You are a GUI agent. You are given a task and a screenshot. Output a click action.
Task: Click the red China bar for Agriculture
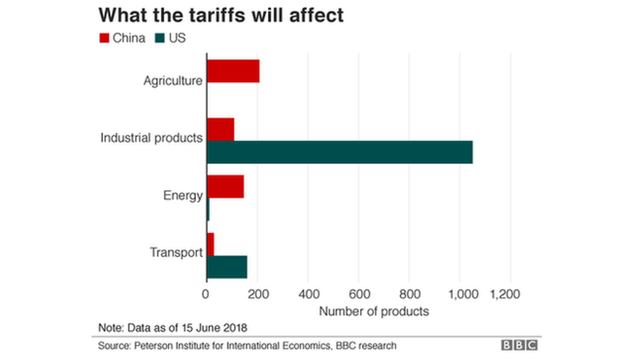[x=233, y=71]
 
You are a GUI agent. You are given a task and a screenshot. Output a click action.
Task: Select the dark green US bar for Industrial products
[x=339, y=152]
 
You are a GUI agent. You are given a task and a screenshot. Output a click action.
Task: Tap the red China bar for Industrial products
[x=220, y=129]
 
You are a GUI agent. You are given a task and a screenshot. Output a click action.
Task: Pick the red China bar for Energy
[x=225, y=186]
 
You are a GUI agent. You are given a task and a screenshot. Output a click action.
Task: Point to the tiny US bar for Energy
[x=208, y=209]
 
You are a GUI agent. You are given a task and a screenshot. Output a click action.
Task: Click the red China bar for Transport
[x=210, y=244]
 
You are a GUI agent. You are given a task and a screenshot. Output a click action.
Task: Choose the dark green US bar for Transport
[x=227, y=267]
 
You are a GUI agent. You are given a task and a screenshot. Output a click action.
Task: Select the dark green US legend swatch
[x=159, y=38]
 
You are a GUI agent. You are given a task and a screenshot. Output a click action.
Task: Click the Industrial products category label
[x=151, y=138]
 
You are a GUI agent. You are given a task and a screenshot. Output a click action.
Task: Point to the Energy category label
[x=183, y=195]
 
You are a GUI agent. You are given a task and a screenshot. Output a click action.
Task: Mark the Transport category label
[x=176, y=252]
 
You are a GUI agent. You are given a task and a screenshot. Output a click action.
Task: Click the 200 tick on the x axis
[x=257, y=294]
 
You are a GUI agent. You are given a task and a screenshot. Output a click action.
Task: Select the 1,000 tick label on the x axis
[x=459, y=294]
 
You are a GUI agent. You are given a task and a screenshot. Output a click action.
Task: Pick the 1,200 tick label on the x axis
[x=505, y=294]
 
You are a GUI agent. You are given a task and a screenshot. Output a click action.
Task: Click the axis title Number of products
[x=374, y=311]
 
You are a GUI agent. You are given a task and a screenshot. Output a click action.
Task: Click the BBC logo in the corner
[x=519, y=345]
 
